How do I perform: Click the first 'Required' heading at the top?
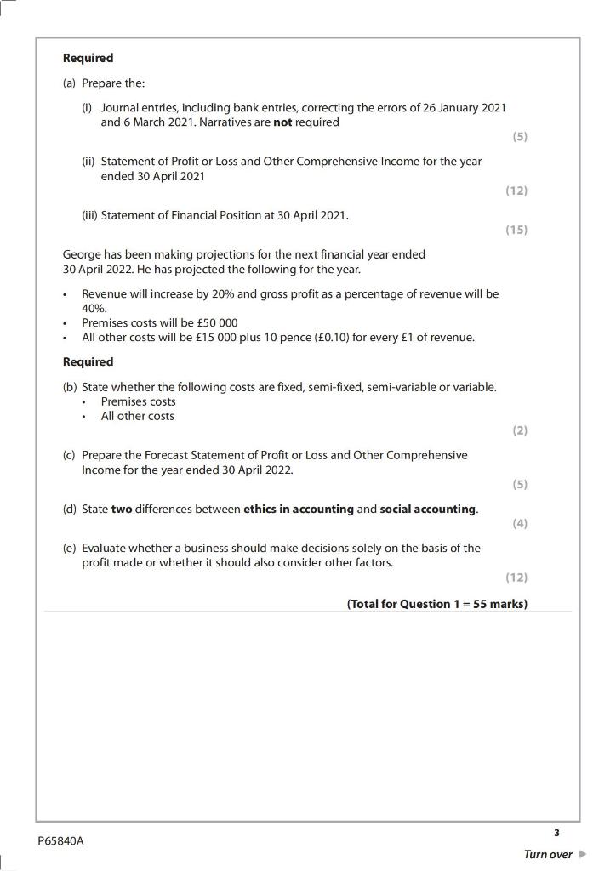pyautogui.click(x=88, y=58)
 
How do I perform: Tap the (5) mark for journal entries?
pyautogui.click(x=520, y=136)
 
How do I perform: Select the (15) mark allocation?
pyautogui.click(x=516, y=230)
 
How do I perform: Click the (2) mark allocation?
pyautogui.click(x=520, y=430)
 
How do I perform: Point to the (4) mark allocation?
pyautogui.click(x=520, y=523)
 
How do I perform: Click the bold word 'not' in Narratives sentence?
pyautogui.click(x=282, y=122)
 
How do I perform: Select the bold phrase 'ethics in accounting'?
pyautogui.click(x=299, y=510)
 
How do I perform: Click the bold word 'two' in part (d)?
pyautogui.click(x=122, y=510)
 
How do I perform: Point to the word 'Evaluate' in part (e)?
pyautogui.click(x=106, y=548)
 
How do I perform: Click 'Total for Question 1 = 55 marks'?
pyautogui.click(x=436, y=604)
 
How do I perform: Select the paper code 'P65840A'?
pyautogui.click(x=61, y=841)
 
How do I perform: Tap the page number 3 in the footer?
pyautogui.click(x=556, y=833)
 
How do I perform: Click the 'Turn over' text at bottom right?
pyautogui.click(x=548, y=854)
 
